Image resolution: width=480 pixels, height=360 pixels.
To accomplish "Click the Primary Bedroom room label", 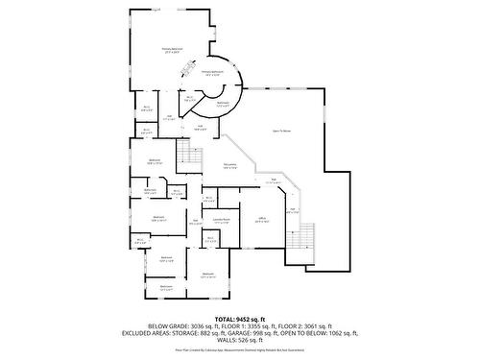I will [173, 50].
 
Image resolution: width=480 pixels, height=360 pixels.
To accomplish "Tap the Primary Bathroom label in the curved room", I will [211, 72].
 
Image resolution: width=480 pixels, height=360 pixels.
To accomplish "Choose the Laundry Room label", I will [222, 221].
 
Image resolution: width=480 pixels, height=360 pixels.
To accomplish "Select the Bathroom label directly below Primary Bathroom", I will [223, 104].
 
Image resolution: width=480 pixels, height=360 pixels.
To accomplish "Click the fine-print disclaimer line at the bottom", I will [239, 349].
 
